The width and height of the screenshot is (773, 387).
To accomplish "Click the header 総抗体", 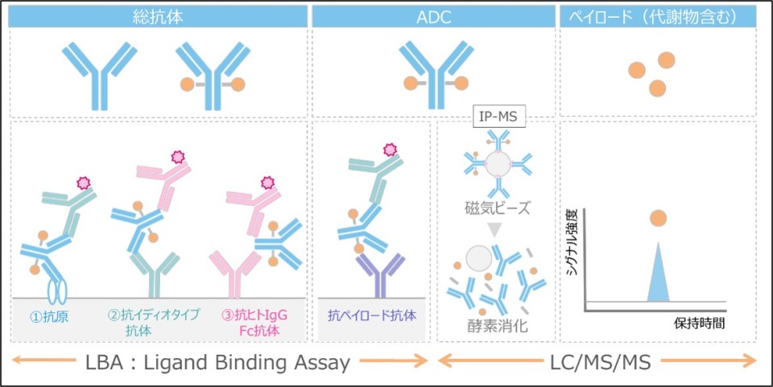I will [x=158, y=15].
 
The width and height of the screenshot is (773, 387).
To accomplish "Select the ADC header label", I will [x=432, y=15].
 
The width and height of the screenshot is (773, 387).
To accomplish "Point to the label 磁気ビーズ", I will [x=499, y=208].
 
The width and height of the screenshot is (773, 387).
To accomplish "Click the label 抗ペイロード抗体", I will [x=372, y=316].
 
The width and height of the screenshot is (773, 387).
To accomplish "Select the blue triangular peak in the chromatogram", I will [x=658, y=278].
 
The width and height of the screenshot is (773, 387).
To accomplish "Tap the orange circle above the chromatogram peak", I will [x=658, y=217].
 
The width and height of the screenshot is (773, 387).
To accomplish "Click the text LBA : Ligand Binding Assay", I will [x=218, y=363].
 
